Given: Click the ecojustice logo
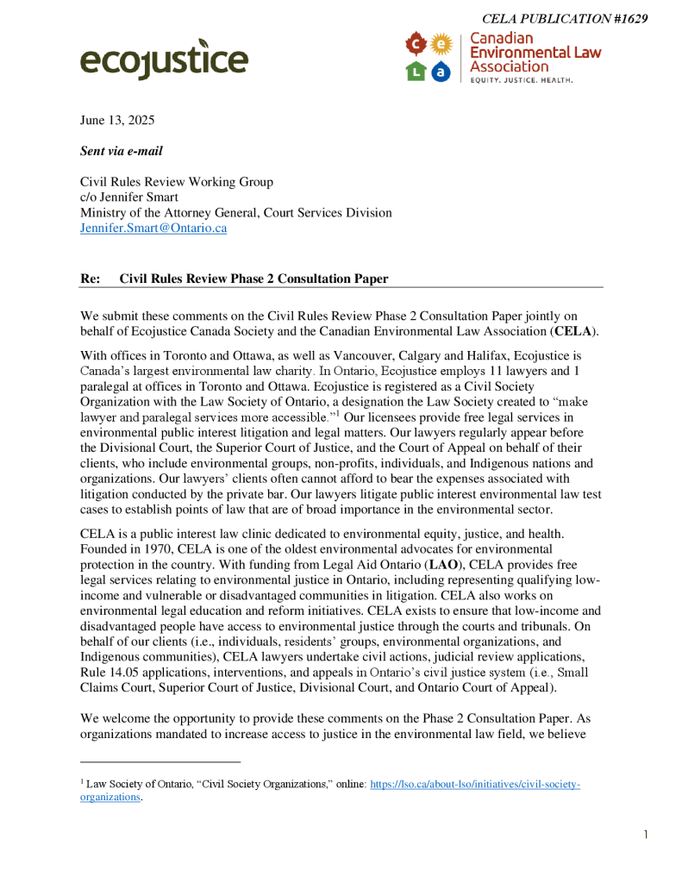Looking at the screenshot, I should click(x=164, y=59).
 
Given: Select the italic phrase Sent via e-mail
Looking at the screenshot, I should click(x=121, y=151).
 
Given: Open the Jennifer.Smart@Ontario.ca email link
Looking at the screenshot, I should click(x=153, y=229).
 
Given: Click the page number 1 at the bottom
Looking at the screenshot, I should click(x=645, y=834).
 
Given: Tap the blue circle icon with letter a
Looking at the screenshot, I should click(x=441, y=72).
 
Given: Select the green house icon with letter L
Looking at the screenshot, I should click(x=416, y=72).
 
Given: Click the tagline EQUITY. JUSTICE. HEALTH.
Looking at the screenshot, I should click(x=521, y=79).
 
